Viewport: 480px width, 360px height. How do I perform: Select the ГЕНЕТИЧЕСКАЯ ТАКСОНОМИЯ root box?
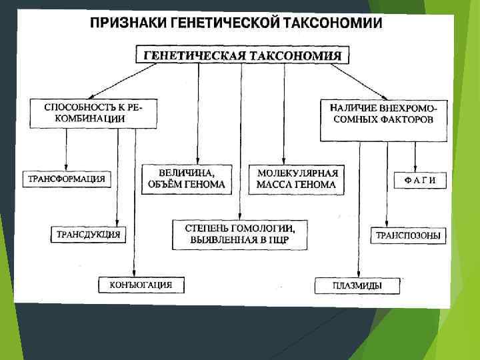coord(243,55)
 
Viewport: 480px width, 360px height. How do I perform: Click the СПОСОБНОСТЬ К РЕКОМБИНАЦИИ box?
coord(93,113)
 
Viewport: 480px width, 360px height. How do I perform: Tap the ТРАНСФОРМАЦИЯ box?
coord(66,179)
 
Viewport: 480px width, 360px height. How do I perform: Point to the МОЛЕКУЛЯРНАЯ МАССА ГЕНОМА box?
coord(297,178)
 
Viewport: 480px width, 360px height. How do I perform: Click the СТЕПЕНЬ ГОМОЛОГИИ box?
coord(240,234)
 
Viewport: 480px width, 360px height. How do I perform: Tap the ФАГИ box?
coord(420,179)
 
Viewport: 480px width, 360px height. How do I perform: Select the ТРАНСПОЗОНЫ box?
coord(409,235)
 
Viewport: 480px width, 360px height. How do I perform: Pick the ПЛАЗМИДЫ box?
coord(357,286)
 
